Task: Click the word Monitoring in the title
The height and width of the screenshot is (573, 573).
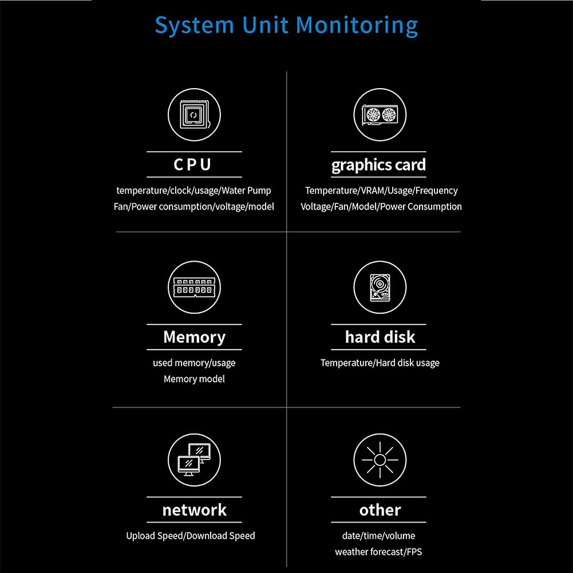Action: [357, 26]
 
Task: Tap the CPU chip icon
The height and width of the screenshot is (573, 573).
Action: [194, 114]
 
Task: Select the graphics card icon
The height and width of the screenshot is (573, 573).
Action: [380, 114]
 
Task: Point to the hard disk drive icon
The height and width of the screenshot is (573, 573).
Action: [380, 287]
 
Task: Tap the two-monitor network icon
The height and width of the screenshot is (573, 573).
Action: [194, 460]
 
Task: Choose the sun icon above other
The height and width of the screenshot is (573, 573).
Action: [380, 460]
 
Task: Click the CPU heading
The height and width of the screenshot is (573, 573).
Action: [192, 164]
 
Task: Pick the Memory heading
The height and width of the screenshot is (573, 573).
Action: [195, 337]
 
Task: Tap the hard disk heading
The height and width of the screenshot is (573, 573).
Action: [380, 337]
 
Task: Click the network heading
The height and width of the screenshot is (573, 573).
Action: [195, 510]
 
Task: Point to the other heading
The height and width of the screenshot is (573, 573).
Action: [380, 510]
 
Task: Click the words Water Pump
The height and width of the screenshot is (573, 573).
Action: [246, 191]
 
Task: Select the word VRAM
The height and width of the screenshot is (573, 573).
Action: [373, 191]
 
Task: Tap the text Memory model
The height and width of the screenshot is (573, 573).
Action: [194, 379]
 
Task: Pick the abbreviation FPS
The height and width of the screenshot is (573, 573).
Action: [414, 552]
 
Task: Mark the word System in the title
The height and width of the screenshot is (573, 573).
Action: [195, 26]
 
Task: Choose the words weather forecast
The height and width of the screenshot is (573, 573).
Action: [369, 552]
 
